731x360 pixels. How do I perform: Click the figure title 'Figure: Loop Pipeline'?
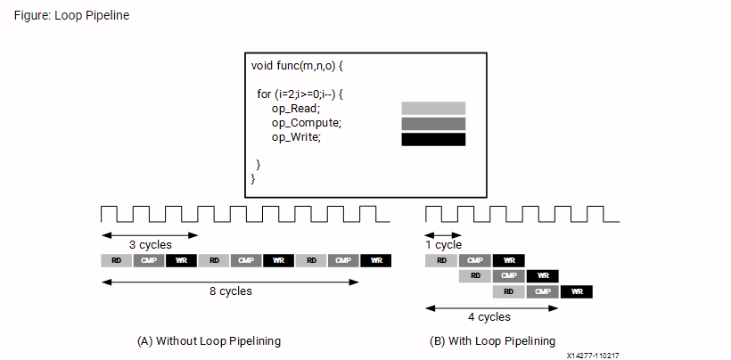pos(71,16)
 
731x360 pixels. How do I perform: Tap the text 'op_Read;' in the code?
pos(296,109)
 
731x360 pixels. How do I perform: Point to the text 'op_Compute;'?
pos(306,123)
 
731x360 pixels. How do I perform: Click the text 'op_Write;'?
pos(296,137)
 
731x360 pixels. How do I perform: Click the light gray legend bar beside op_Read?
pos(433,109)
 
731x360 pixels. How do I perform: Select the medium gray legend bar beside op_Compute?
pos(433,124)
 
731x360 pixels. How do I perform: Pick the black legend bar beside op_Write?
pos(433,139)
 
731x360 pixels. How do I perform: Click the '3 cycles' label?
pos(150,245)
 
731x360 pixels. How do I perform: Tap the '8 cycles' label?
pos(230,291)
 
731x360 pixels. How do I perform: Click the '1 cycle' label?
pos(443,245)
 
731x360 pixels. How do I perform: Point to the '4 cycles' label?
pos(489,316)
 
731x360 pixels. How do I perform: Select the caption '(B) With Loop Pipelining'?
pos(492,340)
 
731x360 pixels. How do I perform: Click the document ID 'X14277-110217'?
pos(592,355)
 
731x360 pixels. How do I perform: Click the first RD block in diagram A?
pos(116,260)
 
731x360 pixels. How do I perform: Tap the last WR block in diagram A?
pos(375,260)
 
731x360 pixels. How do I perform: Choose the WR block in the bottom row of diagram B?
pos(577,291)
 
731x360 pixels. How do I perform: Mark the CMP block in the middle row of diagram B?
pos(509,276)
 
